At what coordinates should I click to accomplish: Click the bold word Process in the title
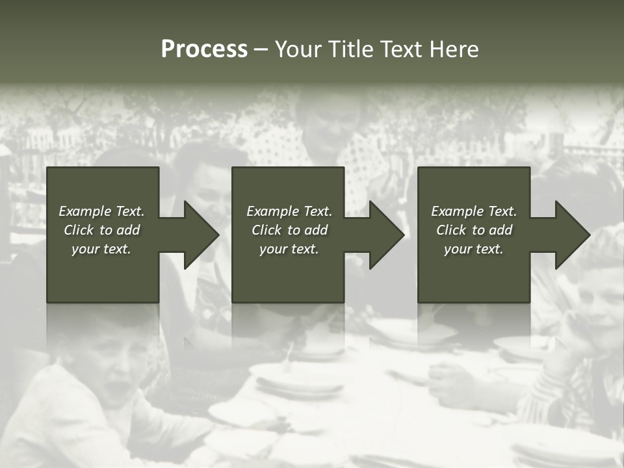pyautogui.click(x=204, y=49)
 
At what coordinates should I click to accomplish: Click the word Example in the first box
pyautogui.click(x=84, y=211)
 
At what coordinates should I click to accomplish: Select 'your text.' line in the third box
pyautogui.click(x=474, y=249)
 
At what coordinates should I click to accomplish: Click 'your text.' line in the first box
pyautogui.click(x=101, y=249)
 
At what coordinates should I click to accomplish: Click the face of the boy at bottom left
pyautogui.click(x=104, y=377)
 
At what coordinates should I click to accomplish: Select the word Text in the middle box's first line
pyautogui.click(x=318, y=211)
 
